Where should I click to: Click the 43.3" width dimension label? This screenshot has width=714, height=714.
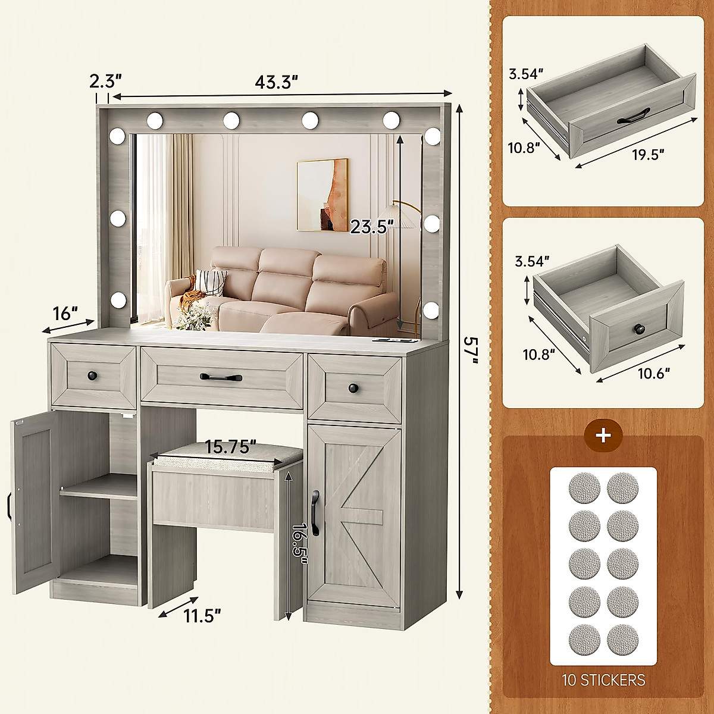click(278, 82)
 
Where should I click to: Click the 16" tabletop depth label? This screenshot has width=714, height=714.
click(65, 313)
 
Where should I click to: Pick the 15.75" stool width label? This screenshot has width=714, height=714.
click(230, 446)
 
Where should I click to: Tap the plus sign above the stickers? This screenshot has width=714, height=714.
click(603, 435)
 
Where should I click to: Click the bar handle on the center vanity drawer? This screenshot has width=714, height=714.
click(221, 377)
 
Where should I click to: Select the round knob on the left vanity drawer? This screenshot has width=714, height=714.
click(92, 375)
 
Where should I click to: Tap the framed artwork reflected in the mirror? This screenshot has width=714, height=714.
click(322, 195)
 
